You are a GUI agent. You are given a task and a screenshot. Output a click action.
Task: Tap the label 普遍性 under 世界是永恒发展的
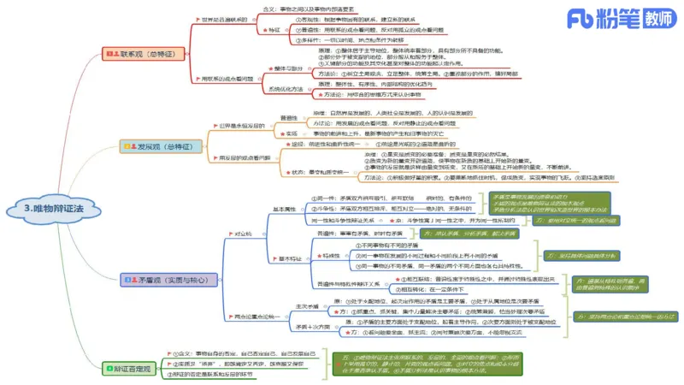pyautogui.click(x=289, y=116)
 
